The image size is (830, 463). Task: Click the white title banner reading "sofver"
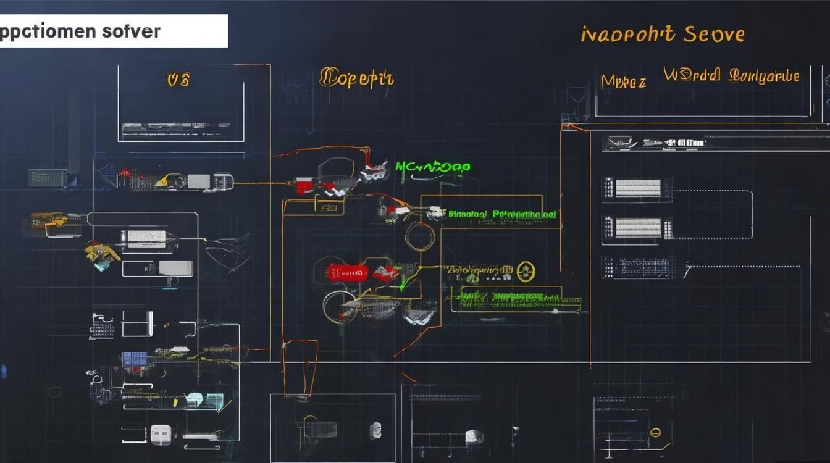pyautogui.click(x=114, y=31)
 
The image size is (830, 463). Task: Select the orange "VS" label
pyautogui.click(x=178, y=80)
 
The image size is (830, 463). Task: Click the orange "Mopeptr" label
pyautogui.click(x=356, y=78)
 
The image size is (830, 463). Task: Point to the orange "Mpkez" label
pyautogui.click(x=623, y=81)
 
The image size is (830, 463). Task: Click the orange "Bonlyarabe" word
pyautogui.click(x=764, y=76)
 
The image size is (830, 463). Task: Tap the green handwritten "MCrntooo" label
pyautogui.click(x=432, y=167)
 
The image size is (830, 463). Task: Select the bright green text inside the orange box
pyautogui.click(x=501, y=214)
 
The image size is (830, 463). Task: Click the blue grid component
pyautogui.click(x=134, y=359)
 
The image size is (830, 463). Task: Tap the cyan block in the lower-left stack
pyautogui.click(x=195, y=399)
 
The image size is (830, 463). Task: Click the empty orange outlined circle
pyautogui.click(x=419, y=236)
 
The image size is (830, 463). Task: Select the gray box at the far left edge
pyautogui.click(x=46, y=178)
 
